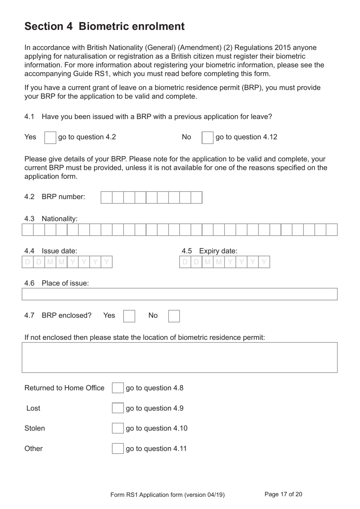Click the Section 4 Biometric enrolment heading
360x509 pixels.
[x=105, y=26]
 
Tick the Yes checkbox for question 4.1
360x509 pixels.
[x=50, y=137]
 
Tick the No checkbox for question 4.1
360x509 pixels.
[x=207, y=137]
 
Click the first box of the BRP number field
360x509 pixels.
[x=106, y=197]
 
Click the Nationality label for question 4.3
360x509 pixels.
[x=59, y=218]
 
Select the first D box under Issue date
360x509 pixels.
[x=28, y=262]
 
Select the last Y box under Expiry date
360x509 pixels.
[x=264, y=262]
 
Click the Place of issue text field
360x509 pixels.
[x=180, y=294]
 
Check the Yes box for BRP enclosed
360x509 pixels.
[x=129, y=316]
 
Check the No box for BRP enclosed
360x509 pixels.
[x=174, y=316]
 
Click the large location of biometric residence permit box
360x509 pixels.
[x=180, y=357]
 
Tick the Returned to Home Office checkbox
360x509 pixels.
[x=118, y=388]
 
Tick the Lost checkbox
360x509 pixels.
[x=118, y=408]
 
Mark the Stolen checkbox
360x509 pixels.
[x=118, y=428]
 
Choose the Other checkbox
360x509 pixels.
[x=118, y=449]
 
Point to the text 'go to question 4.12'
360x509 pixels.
[x=246, y=137]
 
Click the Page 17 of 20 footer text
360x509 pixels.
[x=283, y=494]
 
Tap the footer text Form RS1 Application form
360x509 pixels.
[x=167, y=495]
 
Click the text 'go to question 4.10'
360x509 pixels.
[x=157, y=428]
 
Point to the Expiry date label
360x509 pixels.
[x=218, y=251]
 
